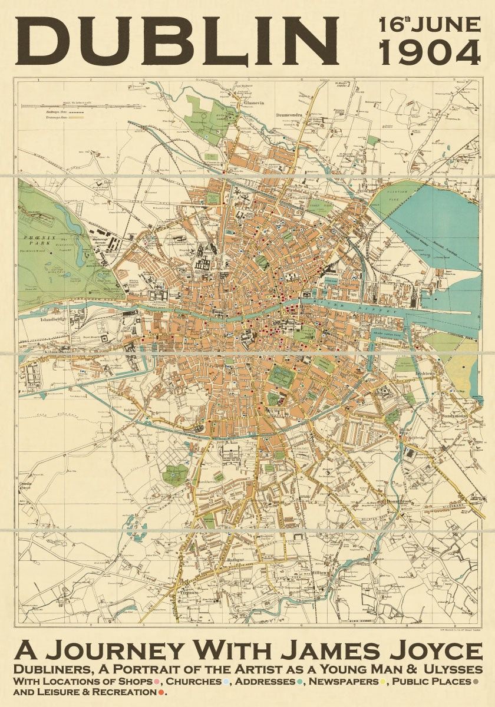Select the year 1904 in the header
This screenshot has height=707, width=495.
[x=430, y=54]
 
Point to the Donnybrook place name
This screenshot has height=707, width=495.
[x=400, y=501]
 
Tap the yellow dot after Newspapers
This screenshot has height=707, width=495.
[x=383, y=682]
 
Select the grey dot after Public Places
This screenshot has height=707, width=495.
[x=476, y=682]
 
